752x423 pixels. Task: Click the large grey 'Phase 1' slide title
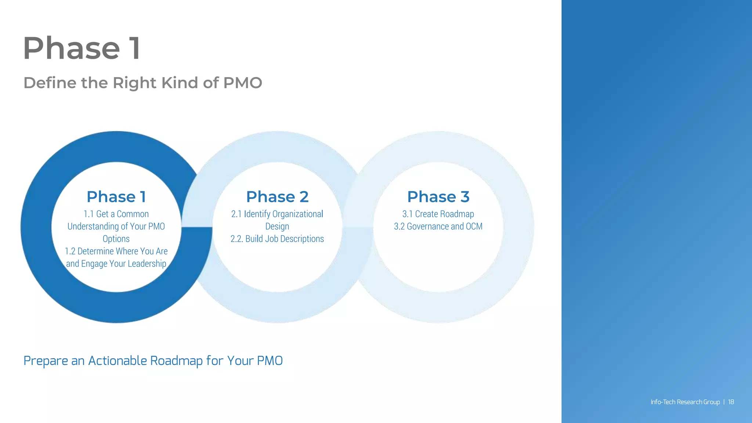pos(82,48)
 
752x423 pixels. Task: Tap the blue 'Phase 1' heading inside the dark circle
pos(116,197)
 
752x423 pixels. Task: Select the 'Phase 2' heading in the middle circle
pos(277,197)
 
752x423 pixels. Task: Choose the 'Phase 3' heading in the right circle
pos(438,197)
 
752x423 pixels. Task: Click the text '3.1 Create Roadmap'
pos(438,214)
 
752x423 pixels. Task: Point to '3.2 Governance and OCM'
pos(438,227)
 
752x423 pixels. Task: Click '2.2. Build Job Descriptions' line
pos(277,239)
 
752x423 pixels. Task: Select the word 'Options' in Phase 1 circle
pos(116,239)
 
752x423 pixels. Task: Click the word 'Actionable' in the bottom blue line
pos(117,361)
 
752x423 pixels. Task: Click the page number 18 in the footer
pos(731,402)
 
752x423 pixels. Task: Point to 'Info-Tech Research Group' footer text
pos(685,402)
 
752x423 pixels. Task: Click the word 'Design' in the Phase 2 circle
pos(277,227)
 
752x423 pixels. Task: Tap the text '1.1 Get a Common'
pos(116,214)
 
